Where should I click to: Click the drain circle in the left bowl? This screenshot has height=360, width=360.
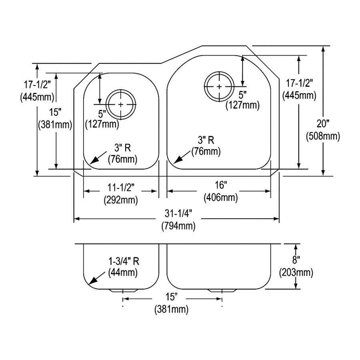pyautogui.click(x=122, y=104)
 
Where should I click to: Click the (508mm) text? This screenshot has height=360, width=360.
pyautogui.click(x=323, y=136)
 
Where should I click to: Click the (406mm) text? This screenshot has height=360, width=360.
pyautogui.click(x=220, y=197)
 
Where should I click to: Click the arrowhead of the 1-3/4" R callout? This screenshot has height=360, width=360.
pyautogui.click(x=91, y=282)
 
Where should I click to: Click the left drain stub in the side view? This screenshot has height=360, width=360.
pyautogui.click(x=122, y=289)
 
